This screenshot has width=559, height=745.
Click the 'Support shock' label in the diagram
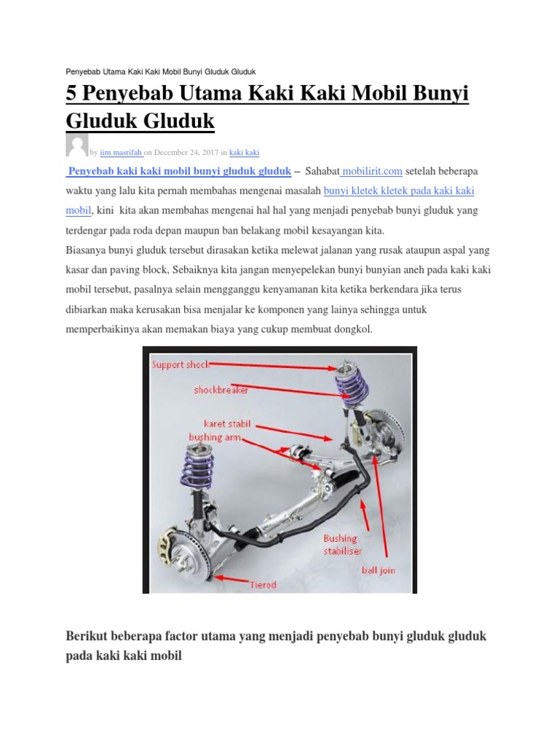180,364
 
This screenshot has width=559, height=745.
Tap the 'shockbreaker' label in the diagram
221,390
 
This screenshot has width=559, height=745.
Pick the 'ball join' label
378,570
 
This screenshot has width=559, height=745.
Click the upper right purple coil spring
348,381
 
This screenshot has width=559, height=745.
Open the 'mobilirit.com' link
372,171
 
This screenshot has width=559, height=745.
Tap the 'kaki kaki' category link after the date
244,152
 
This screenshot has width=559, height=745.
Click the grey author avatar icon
76,146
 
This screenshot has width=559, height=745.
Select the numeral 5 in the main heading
71,95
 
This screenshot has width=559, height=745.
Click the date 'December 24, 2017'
187,152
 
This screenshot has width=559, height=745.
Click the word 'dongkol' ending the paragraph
352,330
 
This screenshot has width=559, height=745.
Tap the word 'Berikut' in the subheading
87,637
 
